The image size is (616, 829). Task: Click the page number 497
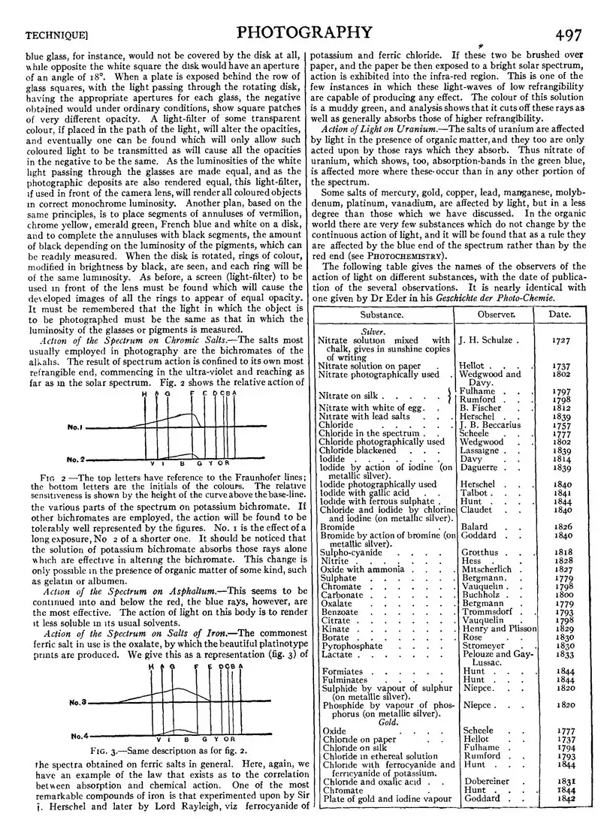(x=575, y=32)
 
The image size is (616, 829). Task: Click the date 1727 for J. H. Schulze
(x=560, y=340)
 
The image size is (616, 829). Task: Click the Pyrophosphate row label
(x=352, y=646)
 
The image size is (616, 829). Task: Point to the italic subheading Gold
(x=388, y=722)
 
